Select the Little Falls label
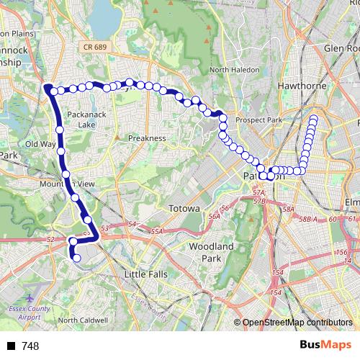148,275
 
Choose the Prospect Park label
261,119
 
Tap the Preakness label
147,138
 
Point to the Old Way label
40,144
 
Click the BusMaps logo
325,345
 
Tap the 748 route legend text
30,346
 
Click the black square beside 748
12,346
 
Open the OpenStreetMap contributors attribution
297,323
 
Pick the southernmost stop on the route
77,257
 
